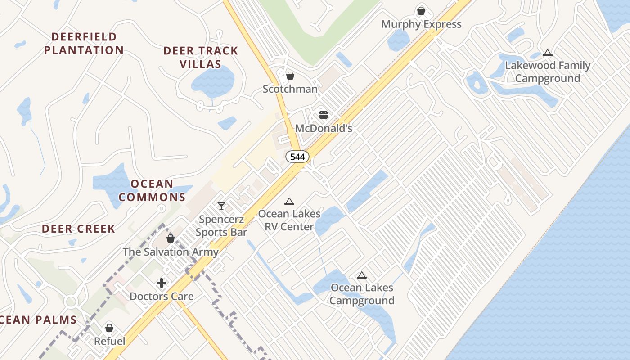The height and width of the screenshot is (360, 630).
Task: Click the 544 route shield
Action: tap(297, 157)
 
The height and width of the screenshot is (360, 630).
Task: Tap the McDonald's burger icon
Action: tap(324, 115)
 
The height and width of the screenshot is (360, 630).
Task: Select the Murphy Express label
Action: tap(421, 24)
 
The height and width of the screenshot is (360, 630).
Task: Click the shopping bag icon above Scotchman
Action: tap(290, 76)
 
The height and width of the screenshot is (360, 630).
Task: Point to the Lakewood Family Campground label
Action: tap(547, 72)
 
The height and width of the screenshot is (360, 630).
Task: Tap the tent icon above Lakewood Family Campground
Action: tap(547, 53)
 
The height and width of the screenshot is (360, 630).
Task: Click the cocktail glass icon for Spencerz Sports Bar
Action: tap(221, 206)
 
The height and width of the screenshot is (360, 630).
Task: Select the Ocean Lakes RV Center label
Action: tap(289, 220)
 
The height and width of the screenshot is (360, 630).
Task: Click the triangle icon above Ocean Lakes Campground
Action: tap(361, 275)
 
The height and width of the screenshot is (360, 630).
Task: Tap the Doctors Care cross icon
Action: tap(162, 283)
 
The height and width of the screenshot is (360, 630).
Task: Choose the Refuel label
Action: tap(109, 342)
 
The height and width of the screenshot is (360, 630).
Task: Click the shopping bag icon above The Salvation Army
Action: tap(171, 238)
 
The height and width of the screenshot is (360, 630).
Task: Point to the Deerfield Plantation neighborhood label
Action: tap(84, 44)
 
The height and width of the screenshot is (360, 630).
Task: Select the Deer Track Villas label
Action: tap(201, 57)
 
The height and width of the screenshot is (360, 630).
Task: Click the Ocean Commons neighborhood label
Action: tap(152, 190)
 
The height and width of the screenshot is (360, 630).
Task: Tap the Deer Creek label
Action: tap(79, 229)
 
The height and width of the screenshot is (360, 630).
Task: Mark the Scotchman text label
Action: tap(290, 89)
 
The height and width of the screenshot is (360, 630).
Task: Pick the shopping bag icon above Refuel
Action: tap(109, 328)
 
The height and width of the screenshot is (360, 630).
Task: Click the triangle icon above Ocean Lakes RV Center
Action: tap(289, 201)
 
